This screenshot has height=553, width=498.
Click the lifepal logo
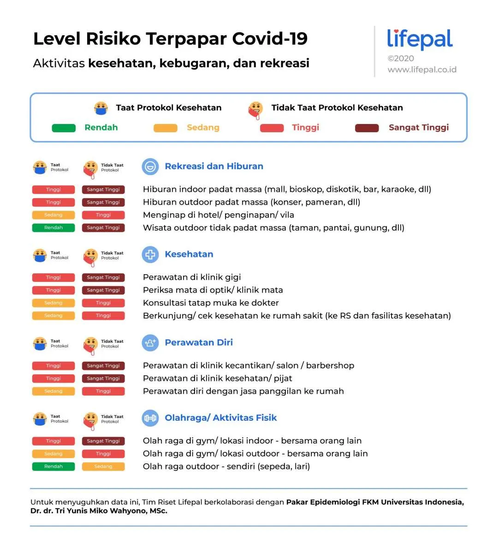pos(420,40)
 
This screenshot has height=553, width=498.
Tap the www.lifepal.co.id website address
pos(422,70)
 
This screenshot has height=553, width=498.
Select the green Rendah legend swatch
pos(64,128)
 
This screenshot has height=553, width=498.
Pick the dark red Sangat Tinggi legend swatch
pos(367,128)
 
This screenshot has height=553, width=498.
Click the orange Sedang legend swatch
pos(165,128)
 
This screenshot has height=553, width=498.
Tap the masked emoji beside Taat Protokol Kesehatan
pos(101,108)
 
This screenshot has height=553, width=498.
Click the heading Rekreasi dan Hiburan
pos(214,166)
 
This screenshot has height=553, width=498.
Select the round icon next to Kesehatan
pos(150,254)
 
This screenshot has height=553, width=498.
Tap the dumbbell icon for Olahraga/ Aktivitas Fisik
pos(150,418)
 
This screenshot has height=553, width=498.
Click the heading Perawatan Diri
pos(199,342)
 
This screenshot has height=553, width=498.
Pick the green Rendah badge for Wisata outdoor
pos(53,228)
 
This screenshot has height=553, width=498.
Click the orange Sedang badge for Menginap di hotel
pos(53,215)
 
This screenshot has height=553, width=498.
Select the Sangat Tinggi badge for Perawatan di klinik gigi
pos(103,277)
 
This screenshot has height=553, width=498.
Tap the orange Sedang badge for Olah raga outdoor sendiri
pos(103,466)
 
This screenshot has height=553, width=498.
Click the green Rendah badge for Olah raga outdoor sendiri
pos(53,466)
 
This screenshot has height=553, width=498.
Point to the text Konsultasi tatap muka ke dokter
pos(211,303)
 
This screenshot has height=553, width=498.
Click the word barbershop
pos(330,365)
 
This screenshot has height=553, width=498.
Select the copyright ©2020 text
pos(401,59)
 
